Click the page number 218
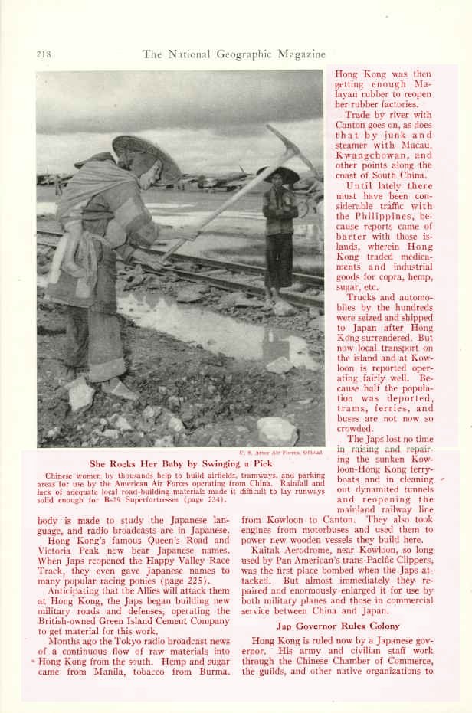coord(44,54)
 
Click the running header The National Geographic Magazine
coord(234,54)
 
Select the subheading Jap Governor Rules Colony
coord(337,626)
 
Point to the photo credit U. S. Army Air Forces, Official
coord(281,453)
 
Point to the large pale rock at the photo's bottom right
coord(277,430)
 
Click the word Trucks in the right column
coord(363,298)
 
